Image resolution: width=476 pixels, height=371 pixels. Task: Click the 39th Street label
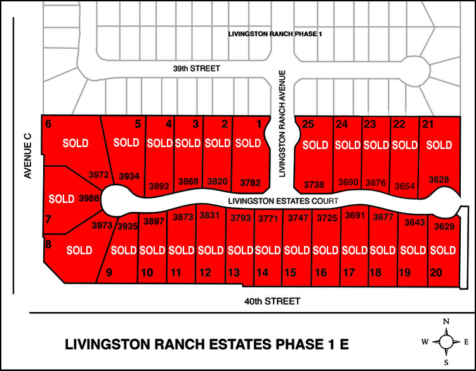click(x=190, y=67)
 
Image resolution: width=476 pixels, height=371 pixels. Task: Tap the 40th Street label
click(x=273, y=301)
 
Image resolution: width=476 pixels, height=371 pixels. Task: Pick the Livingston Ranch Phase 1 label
click(x=275, y=34)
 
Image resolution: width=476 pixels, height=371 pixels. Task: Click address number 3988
click(x=89, y=199)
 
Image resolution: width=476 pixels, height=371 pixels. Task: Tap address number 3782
click(x=250, y=183)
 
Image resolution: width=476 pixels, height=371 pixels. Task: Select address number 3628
click(x=439, y=179)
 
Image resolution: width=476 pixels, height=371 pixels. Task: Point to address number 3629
click(x=444, y=226)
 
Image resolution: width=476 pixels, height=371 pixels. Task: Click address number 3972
click(x=99, y=174)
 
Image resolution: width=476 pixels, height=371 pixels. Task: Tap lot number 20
click(x=435, y=273)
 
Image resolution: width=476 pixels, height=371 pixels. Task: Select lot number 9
click(x=109, y=273)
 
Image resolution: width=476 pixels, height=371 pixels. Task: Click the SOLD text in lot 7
click(x=62, y=199)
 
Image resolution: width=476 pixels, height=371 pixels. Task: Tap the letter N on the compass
click(x=447, y=322)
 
